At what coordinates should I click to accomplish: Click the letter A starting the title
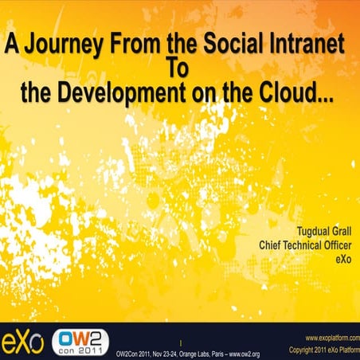(x=12, y=46)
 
